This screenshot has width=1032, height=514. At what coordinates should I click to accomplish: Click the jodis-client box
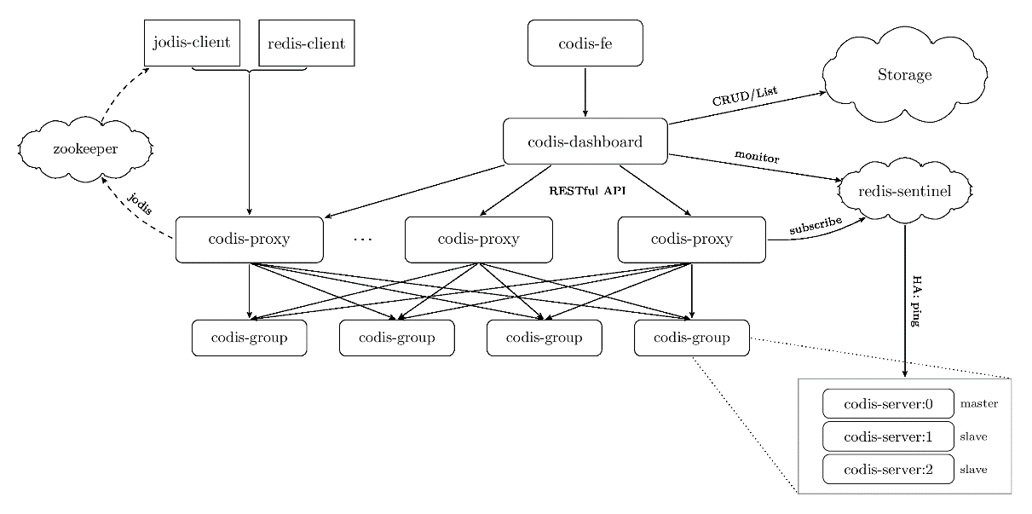click(192, 43)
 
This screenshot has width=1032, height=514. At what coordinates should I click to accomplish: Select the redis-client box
click(307, 43)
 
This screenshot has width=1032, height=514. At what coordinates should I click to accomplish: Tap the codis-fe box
click(585, 43)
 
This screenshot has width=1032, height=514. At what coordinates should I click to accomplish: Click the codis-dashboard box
click(585, 141)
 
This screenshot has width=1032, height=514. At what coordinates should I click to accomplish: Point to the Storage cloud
click(904, 75)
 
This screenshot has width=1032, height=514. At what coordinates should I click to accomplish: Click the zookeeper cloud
click(85, 149)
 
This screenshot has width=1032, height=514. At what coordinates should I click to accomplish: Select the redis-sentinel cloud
click(905, 191)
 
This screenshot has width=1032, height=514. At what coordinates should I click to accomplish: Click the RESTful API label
click(587, 191)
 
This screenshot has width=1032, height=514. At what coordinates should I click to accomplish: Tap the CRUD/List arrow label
click(745, 96)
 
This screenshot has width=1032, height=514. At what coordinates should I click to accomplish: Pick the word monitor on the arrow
click(757, 157)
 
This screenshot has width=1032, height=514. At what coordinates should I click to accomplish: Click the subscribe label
click(816, 225)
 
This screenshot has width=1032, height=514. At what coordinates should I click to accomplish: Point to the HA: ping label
click(917, 301)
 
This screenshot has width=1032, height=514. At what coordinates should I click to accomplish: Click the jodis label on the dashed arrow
click(140, 204)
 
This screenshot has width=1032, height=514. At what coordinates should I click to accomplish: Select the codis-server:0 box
click(888, 404)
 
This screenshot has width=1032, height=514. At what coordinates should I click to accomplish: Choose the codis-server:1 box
click(888, 436)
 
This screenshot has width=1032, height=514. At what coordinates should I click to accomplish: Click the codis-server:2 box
click(888, 470)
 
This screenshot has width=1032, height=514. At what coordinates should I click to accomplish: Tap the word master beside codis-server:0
click(979, 404)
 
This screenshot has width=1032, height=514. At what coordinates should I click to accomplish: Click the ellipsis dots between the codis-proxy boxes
click(363, 240)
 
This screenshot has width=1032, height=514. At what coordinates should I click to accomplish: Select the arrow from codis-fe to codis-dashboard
click(585, 92)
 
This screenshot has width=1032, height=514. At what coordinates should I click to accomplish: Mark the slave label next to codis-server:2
click(973, 470)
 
